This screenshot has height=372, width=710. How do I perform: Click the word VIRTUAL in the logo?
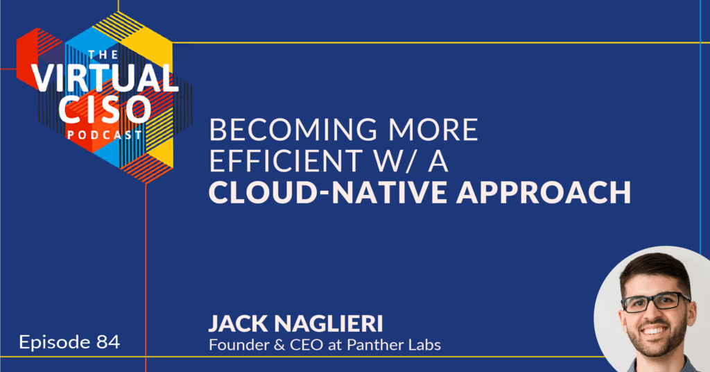104,78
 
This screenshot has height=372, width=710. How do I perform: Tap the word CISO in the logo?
104,110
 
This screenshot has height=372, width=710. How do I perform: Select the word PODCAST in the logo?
105,135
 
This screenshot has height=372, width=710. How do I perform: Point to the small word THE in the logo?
103,55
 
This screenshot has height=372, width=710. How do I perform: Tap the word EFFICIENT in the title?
285,161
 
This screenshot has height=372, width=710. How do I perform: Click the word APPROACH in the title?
544,192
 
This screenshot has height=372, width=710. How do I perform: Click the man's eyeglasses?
657,302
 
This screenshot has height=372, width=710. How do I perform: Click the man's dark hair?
655,271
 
